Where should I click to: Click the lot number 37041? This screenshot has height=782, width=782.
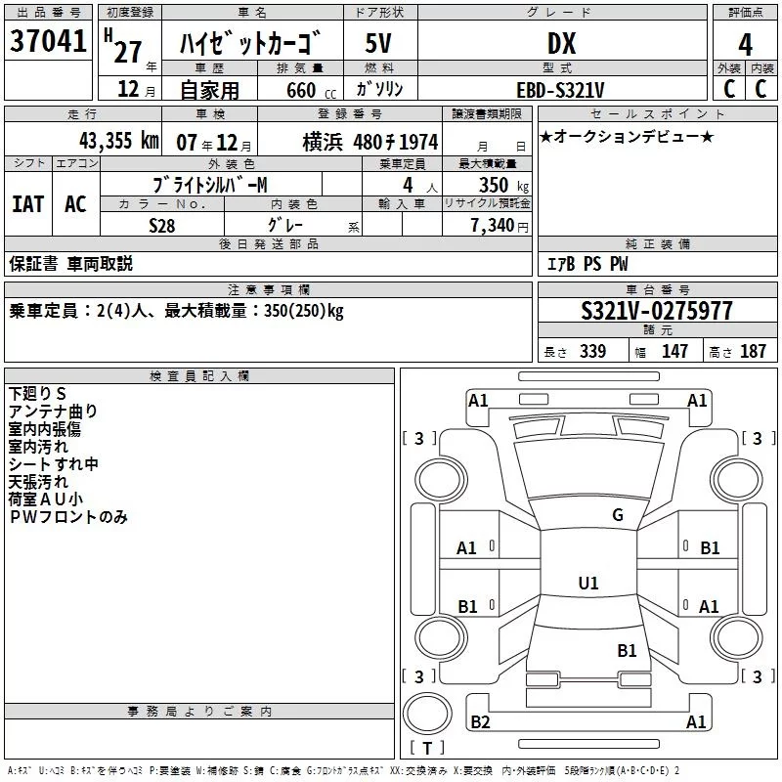(48, 41)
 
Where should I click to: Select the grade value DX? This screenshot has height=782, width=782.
(561, 43)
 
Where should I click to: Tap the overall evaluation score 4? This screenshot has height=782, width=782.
(745, 45)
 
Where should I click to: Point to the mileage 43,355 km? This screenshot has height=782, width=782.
(118, 141)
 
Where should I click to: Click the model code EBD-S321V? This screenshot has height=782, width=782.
(560, 90)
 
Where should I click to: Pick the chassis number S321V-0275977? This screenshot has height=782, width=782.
(657, 311)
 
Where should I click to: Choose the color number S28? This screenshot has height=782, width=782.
(161, 226)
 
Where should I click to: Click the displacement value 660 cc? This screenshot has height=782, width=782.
(311, 91)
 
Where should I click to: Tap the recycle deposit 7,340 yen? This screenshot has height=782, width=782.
(500, 226)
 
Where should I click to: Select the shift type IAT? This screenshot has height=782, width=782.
(27, 204)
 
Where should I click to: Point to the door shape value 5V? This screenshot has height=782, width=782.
(378, 43)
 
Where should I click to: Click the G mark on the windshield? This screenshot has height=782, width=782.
(618, 514)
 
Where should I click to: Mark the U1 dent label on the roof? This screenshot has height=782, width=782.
(588, 583)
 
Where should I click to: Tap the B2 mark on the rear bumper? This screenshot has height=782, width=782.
(480, 721)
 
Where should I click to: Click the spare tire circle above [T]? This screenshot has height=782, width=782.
(427, 714)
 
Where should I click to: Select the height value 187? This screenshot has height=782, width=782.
(753, 352)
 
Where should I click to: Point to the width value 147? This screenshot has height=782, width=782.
(674, 352)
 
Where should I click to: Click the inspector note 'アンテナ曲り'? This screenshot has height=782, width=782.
(53, 412)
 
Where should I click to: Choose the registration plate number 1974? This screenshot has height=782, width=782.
(418, 142)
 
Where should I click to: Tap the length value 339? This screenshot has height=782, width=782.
(592, 352)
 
